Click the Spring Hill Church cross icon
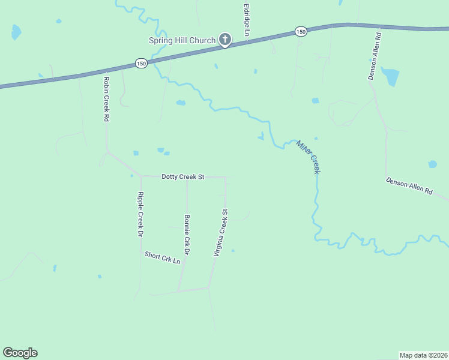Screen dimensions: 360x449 (x=225, y=40)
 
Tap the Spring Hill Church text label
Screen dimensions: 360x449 (x=182, y=41)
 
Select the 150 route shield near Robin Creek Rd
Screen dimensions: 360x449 (x=141, y=63)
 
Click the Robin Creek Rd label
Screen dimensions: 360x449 (x=106, y=99)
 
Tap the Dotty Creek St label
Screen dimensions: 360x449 (x=183, y=177)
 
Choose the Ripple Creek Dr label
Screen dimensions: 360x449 (x=140, y=214)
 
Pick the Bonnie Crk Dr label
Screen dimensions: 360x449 (x=187, y=235)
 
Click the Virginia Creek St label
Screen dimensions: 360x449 (x=221, y=233)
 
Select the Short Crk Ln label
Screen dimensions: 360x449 (x=162, y=258)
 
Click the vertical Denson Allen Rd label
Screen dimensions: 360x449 (x=375, y=57)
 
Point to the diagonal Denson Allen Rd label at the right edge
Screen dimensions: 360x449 (x=409, y=185)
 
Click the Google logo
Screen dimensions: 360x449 (x=20, y=353)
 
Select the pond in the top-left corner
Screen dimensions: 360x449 (x=16, y=32)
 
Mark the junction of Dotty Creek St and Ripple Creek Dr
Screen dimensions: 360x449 (x=140, y=176)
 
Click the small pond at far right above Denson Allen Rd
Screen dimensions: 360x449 (x=432, y=164)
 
